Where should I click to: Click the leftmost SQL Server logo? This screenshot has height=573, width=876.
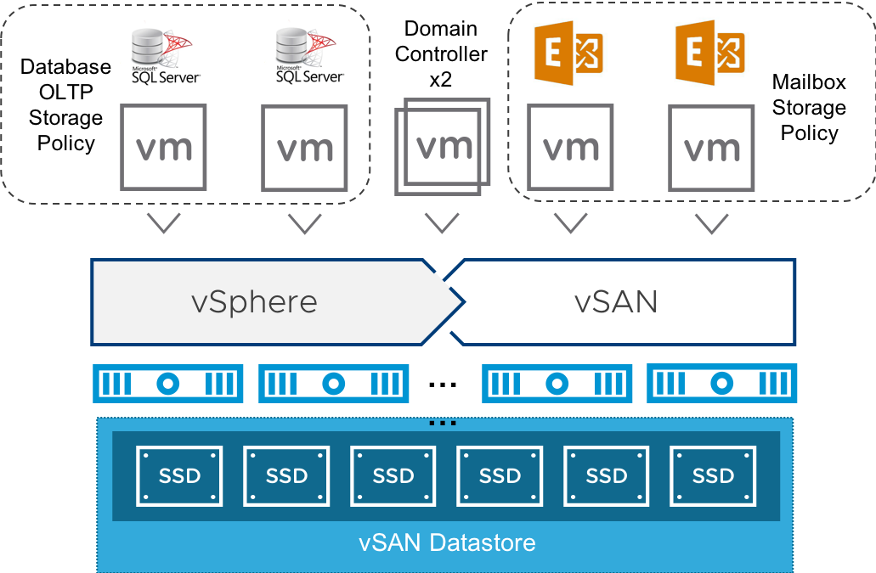point(161,55)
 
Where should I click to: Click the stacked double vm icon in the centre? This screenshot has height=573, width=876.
point(443,146)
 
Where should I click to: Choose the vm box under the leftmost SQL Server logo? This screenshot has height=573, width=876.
point(164,148)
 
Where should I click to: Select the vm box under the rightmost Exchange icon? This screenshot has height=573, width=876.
point(711,148)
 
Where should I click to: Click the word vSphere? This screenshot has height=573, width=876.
point(256,301)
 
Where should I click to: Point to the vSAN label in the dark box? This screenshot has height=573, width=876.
point(616,301)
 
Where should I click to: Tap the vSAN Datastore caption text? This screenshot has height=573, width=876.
point(447,542)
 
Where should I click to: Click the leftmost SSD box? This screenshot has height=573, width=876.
point(179,476)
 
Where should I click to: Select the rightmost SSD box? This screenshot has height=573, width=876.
point(713,476)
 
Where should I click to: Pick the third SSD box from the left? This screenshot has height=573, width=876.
point(393,476)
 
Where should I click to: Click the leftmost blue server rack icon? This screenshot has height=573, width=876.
point(167,384)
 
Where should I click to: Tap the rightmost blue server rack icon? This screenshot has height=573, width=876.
point(722,384)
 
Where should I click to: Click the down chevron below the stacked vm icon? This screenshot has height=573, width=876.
point(442,223)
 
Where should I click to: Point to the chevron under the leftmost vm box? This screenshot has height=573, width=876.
point(164,223)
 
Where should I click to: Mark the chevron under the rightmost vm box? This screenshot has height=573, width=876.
point(711,223)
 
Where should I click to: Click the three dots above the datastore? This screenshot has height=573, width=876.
point(443,422)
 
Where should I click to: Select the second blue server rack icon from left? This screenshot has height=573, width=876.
point(333,384)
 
